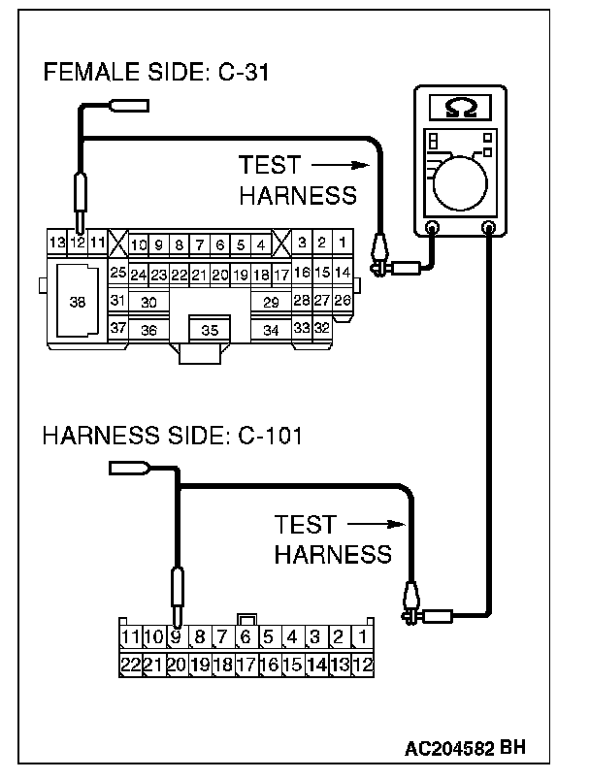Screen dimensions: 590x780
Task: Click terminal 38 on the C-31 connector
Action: pyautogui.click(x=78, y=302)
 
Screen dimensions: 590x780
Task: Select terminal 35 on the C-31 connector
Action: pyautogui.click(x=210, y=330)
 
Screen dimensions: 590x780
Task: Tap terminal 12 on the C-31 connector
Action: pyautogui.click(x=77, y=242)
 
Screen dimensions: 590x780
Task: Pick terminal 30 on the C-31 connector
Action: pyautogui.click(x=148, y=302)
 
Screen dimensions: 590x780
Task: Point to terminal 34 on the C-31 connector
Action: pyautogui.click(x=271, y=330)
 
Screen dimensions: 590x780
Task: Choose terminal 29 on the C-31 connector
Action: pyautogui.click(x=271, y=302)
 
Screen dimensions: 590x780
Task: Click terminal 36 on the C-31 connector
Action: pyautogui.click(x=148, y=330)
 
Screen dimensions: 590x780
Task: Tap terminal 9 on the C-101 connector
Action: pyautogui.click(x=176, y=637)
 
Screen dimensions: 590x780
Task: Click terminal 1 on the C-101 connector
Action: pyautogui.click(x=362, y=637)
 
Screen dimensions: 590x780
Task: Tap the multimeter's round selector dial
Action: pyautogui.click(x=462, y=183)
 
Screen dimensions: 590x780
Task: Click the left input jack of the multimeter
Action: pyautogui.click(x=433, y=229)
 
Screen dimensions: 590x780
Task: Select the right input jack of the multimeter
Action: pyautogui.click(x=489, y=229)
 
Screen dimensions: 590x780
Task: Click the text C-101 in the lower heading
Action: pyautogui.click(x=270, y=436)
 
